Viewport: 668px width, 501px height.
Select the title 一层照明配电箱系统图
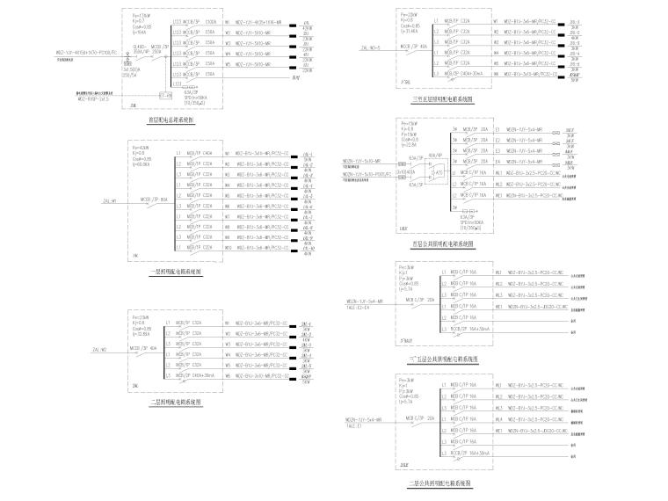click(176, 272)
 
